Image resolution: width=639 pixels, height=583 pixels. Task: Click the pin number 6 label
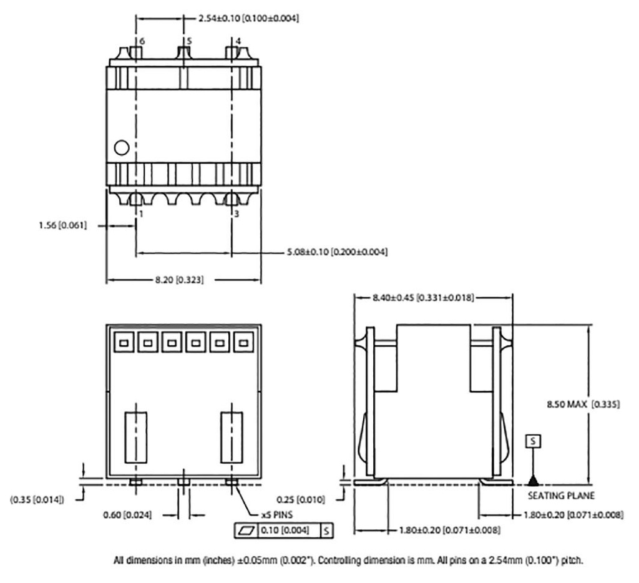(142, 41)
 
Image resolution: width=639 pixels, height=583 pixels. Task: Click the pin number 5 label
(189, 41)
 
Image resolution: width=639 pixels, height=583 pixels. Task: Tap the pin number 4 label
(238, 41)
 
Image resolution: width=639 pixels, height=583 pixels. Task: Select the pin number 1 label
(142, 213)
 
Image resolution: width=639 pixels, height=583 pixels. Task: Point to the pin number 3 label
(237, 213)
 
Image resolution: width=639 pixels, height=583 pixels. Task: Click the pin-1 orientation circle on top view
(122, 147)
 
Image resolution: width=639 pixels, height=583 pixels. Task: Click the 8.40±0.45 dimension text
(423, 298)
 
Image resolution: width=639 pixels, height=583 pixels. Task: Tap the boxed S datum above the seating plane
(532, 441)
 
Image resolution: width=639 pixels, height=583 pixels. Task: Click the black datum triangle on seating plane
(532, 480)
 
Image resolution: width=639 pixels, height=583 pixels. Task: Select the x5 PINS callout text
(277, 516)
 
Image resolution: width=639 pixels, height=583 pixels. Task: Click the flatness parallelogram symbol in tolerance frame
(243, 531)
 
